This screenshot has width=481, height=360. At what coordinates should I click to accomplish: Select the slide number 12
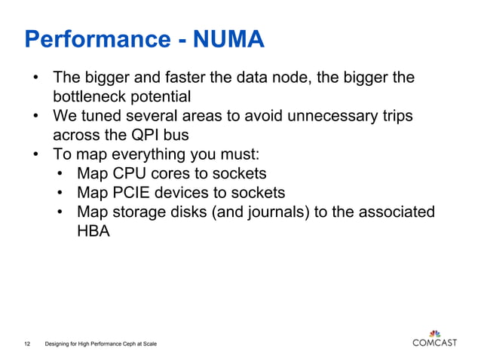pos(27,344)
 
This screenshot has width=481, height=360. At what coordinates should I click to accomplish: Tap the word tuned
pos(103,117)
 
